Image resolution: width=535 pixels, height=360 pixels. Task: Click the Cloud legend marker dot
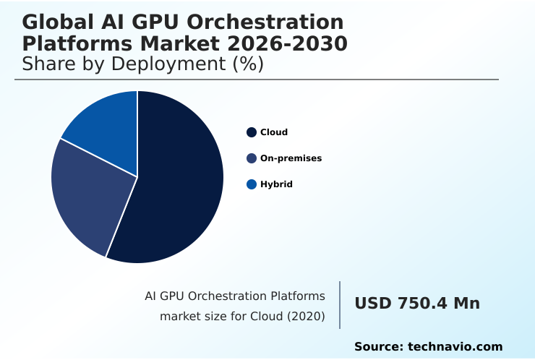pyautogui.click(x=252, y=132)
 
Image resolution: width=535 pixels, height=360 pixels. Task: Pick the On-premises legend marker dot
pyautogui.click(x=252, y=158)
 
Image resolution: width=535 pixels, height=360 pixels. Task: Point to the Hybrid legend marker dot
pyautogui.click(x=252, y=184)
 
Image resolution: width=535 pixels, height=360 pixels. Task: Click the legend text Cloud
pyautogui.click(x=274, y=132)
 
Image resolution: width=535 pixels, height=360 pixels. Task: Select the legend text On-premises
pyautogui.click(x=291, y=158)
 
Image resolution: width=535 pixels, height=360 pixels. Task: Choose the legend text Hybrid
pyautogui.click(x=276, y=184)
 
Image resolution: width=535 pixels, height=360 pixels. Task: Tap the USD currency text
pyautogui.click(x=372, y=304)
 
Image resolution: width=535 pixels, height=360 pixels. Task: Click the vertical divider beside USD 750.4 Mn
pyautogui.click(x=340, y=305)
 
